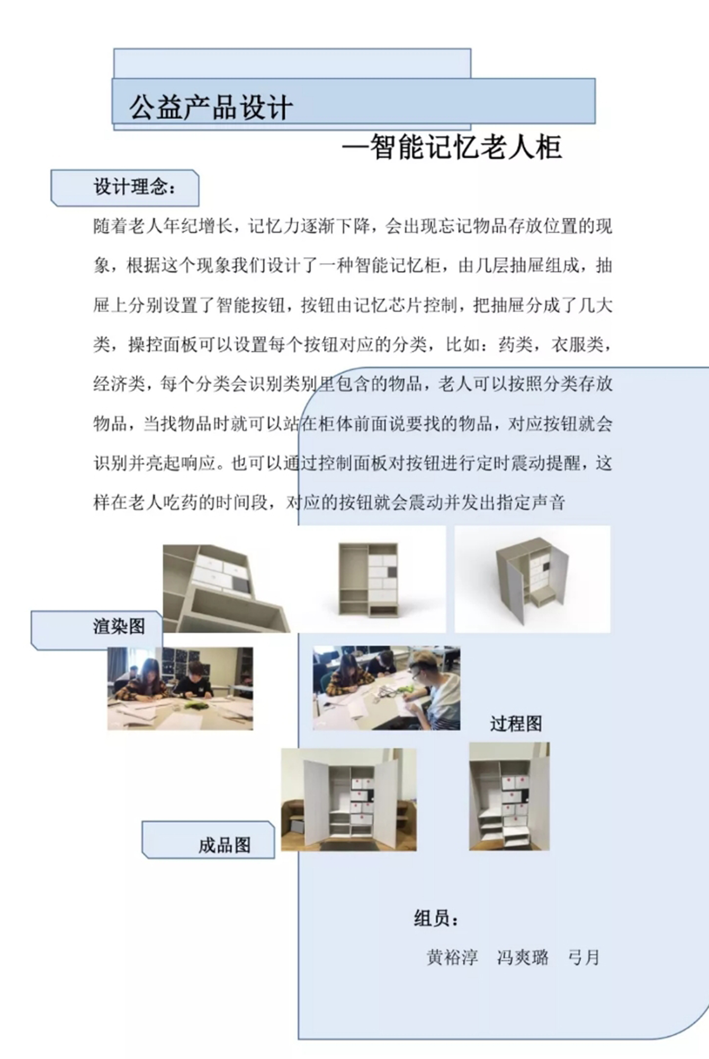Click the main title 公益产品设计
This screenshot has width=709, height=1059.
[211, 107]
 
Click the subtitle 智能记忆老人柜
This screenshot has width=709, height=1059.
[465, 147]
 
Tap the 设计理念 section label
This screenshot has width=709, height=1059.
[134, 187]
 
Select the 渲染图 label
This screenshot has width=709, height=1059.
[119, 626]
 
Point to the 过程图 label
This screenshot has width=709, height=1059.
[516, 723]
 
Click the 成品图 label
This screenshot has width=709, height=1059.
[225, 845]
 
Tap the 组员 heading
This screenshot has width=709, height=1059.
[436, 919]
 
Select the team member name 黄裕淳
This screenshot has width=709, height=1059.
[452, 957]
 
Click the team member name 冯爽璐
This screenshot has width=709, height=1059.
[523, 957]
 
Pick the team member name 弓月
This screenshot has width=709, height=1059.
[584, 957]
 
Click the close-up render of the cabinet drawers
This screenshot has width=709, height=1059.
[227, 588]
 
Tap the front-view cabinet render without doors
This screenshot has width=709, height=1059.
[369, 579]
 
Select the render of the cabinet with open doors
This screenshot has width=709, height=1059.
[532, 579]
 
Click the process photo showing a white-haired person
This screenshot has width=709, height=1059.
[387, 688]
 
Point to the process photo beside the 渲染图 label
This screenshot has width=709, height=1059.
[180, 688]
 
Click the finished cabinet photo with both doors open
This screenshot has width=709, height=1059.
[348, 800]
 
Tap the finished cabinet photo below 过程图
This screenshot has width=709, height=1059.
[509, 796]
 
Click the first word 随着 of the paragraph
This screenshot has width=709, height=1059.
[110, 226]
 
